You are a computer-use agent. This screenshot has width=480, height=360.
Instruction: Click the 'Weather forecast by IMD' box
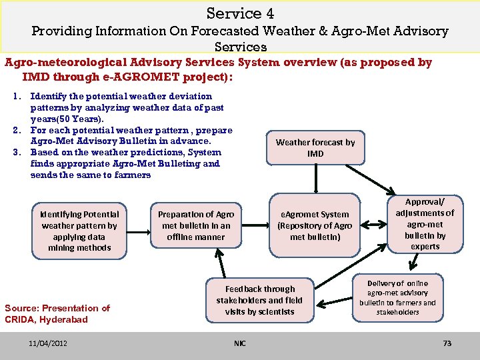click(x=315, y=148)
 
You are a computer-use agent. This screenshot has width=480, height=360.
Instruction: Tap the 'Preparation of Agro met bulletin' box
click(x=195, y=225)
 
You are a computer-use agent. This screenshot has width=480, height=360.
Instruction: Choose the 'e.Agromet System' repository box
click(x=314, y=225)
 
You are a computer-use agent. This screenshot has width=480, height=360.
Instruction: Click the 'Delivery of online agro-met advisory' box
click(x=397, y=297)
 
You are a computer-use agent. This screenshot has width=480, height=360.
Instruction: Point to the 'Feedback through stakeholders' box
click(x=259, y=301)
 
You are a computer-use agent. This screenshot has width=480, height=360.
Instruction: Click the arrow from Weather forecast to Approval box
click(x=385, y=178)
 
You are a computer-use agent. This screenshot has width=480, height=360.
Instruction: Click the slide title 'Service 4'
click(x=240, y=13)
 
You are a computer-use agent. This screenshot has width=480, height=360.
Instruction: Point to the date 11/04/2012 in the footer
click(x=48, y=343)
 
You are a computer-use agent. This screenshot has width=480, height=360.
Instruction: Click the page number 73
click(x=447, y=343)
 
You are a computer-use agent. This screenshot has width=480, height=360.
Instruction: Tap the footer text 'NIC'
click(x=240, y=343)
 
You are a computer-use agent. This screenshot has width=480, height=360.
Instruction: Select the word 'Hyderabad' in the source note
click(x=65, y=319)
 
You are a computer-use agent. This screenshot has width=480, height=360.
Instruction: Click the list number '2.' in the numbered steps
click(x=17, y=130)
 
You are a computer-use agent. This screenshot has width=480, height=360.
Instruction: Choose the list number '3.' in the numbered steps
click(x=17, y=153)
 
